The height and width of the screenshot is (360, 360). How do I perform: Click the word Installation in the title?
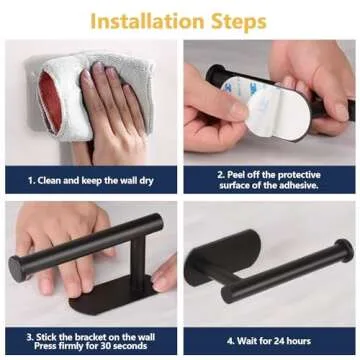[147, 22]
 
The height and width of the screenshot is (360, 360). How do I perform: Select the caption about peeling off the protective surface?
[269, 180]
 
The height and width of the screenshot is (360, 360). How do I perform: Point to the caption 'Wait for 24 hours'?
[269, 341]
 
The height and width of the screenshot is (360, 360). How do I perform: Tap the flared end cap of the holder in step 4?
[344, 249]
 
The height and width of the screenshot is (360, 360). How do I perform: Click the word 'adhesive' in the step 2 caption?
[298, 186]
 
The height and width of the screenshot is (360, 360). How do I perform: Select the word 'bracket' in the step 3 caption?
[80, 337]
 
